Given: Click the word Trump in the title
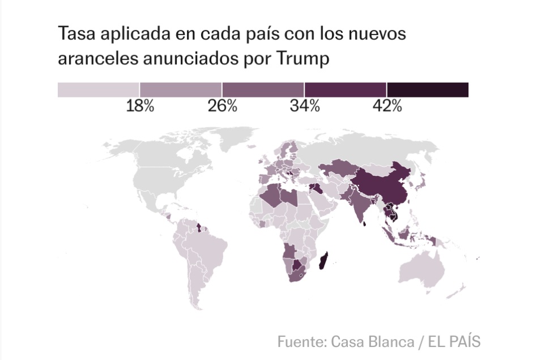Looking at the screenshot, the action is [x=302, y=58].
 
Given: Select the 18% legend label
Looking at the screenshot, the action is [x=140, y=106].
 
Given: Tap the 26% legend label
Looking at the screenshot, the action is [x=222, y=106].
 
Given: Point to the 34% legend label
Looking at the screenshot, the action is [x=305, y=106].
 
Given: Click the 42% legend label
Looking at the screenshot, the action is [x=387, y=106].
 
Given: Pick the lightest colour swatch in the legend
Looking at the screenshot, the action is [x=99, y=90].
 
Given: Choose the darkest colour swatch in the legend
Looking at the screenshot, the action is [x=428, y=90].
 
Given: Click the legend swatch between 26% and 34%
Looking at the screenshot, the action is [x=263, y=90].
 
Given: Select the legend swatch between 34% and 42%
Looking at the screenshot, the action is [x=346, y=90].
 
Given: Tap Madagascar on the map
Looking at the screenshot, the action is [x=323, y=261].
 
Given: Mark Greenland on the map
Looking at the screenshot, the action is [x=236, y=137].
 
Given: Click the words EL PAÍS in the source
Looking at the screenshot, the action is [x=454, y=341].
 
